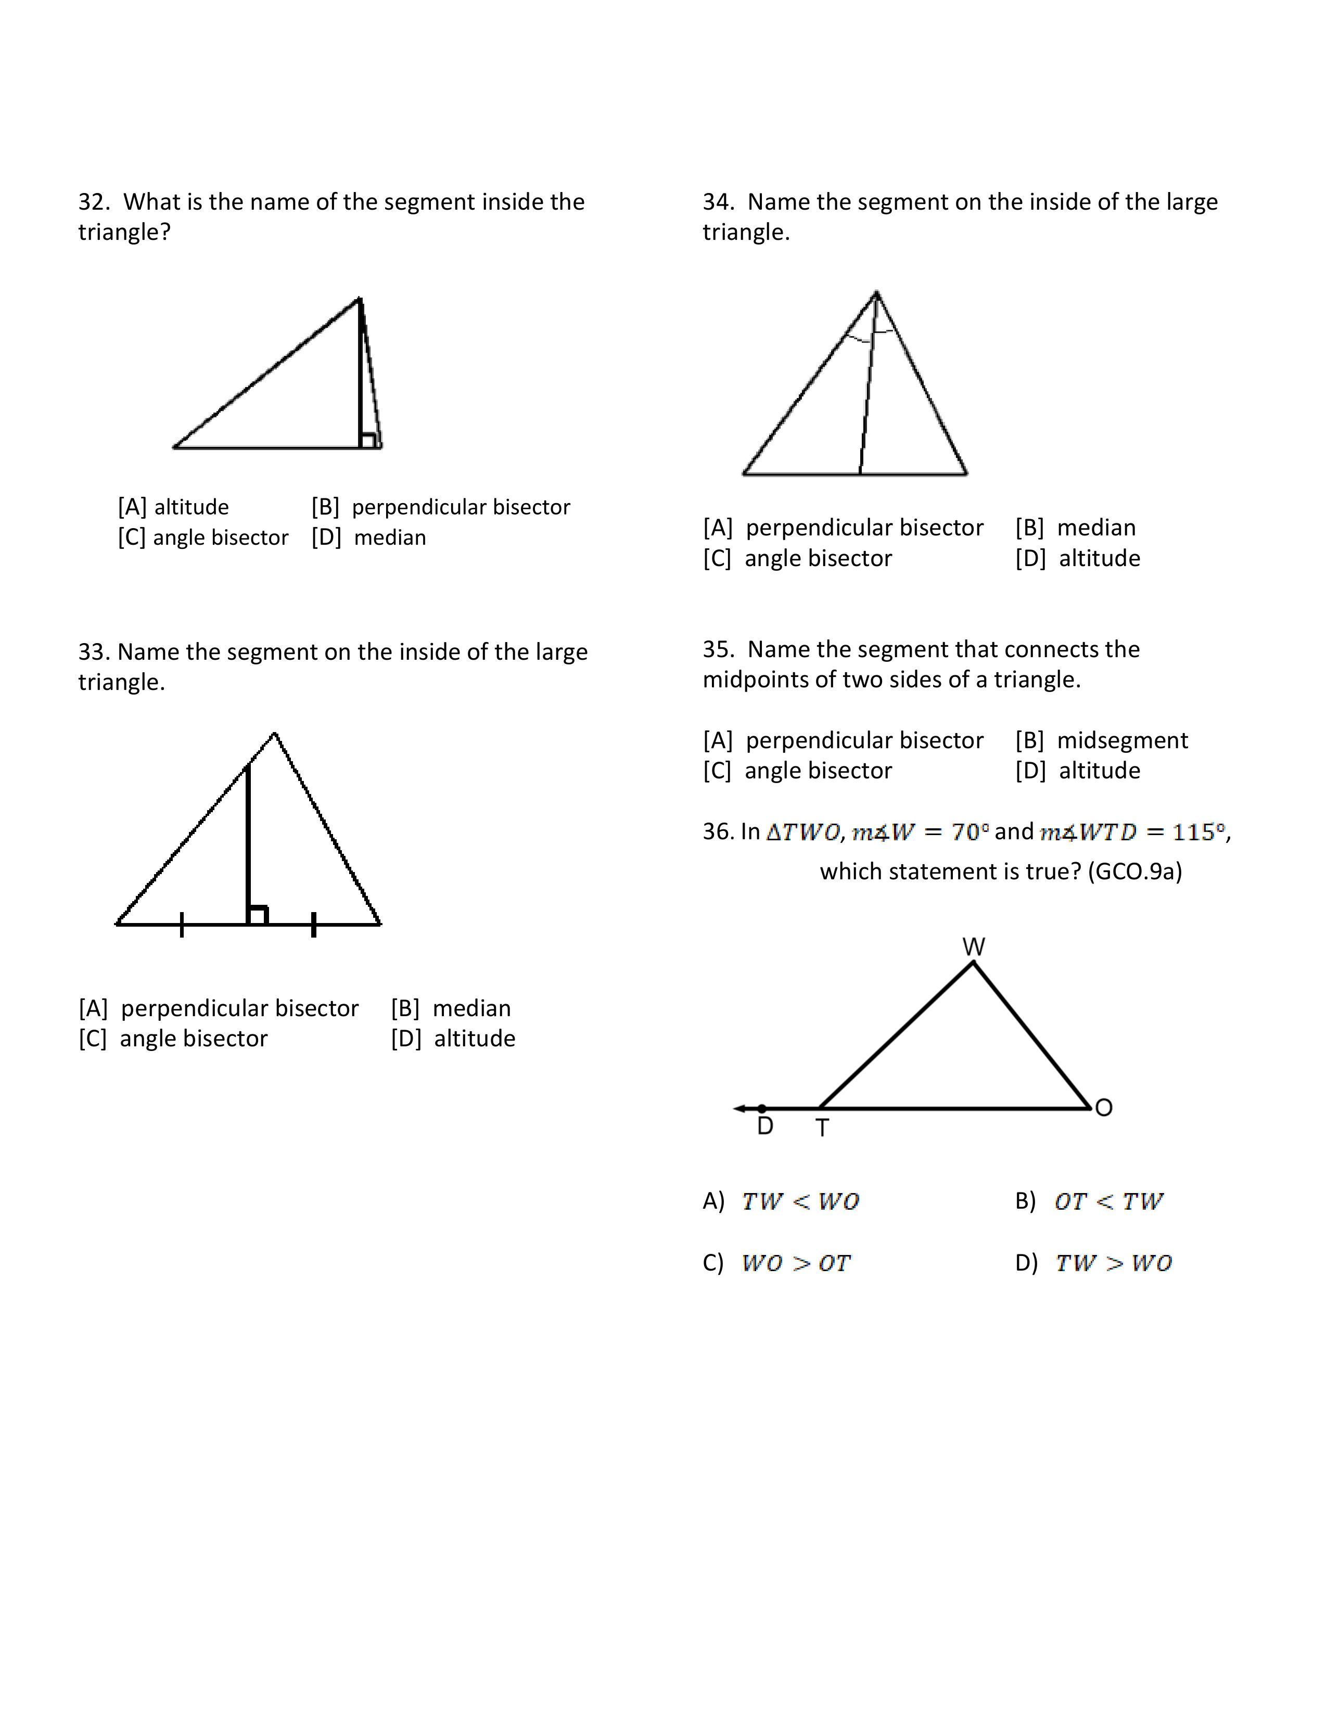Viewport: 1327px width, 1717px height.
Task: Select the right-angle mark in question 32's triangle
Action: (x=367, y=440)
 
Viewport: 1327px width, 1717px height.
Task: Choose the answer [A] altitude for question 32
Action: (x=173, y=507)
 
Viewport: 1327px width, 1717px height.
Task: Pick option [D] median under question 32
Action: (x=369, y=538)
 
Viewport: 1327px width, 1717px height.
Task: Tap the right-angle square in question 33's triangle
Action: (x=258, y=915)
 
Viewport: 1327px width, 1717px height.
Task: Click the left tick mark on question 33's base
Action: (x=182, y=925)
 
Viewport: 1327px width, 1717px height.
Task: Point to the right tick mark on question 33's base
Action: (x=314, y=925)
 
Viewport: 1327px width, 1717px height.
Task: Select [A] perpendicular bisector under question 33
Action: (x=219, y=1009)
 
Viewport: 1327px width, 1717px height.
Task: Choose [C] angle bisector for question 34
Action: (x=798, y=558)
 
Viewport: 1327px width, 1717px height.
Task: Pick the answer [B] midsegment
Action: (x=1101, y=740)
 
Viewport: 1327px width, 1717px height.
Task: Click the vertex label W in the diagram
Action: (x=973, y=946)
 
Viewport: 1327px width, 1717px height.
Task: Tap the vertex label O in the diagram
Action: (x=1104, y=1108)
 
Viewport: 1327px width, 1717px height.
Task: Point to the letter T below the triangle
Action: (x=822, y=1128)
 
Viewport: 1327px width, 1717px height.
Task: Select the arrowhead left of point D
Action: (x=739, y=1108)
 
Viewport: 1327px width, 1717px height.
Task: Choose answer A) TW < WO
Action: (x=782, y=1201)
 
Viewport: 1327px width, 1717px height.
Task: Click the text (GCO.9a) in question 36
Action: (x=1134, y=872)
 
